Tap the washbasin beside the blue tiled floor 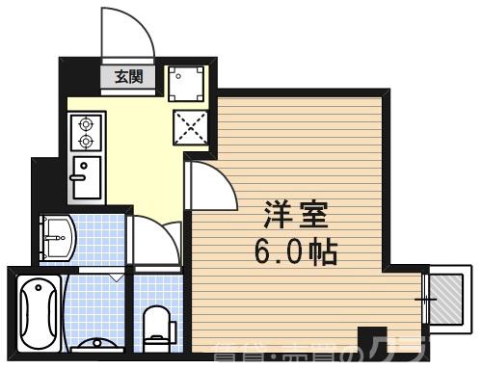[56, 235]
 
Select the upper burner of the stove [85, 124]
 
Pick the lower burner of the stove [85, 142]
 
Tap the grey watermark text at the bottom [318, 354]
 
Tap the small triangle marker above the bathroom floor [117, 277]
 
